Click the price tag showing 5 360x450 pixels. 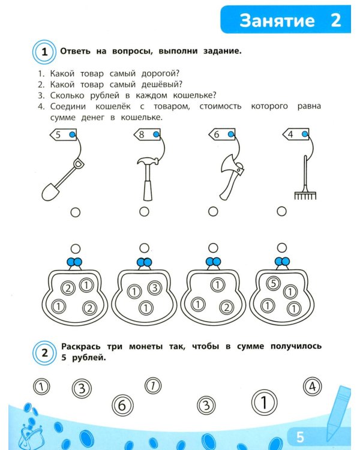(64, 134)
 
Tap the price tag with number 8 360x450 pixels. (147, 134)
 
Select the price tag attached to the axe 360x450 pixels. (221, 134)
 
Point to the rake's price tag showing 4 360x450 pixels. (296, 134)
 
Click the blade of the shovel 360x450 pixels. (50, 192)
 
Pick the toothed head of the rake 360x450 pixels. (305, 196)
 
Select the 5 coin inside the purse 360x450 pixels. (274, 284)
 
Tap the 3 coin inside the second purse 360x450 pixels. (154, 287)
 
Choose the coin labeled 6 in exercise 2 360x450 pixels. (122, 405)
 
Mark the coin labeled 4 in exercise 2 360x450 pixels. (313, 386)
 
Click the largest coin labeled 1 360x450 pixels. (265, 403)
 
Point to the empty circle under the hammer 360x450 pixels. (144, 212)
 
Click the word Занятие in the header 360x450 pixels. (277, 20)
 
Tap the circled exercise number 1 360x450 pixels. (44, 52)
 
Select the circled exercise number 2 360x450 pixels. (44, 353)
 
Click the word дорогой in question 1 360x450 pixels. (160, 73)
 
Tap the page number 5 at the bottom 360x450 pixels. (300, 437)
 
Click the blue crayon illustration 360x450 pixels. (339, 413)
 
